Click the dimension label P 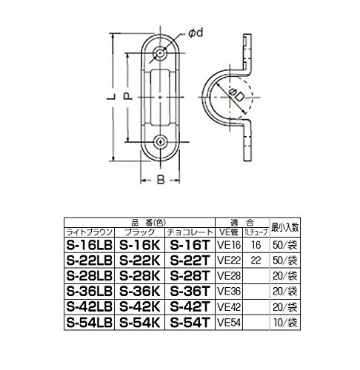(x=127, y=96)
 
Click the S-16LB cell (x=90, y=243)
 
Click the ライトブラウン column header (x=90, y=231)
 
